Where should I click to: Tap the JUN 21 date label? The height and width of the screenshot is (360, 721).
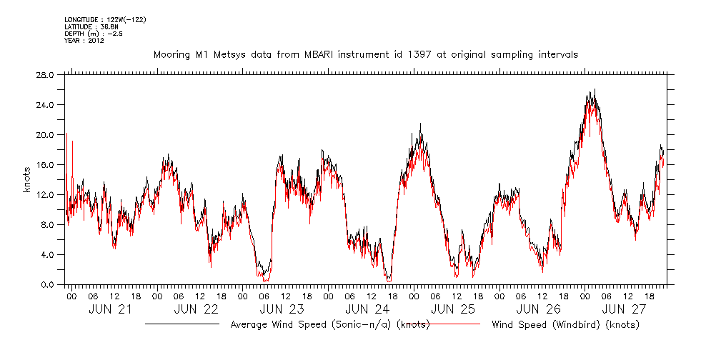point(109,309)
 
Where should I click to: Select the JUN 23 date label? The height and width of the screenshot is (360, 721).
point(281,309)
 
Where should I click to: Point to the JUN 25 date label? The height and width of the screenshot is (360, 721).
point(452,309)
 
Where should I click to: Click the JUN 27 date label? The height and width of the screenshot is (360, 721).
point(624,309)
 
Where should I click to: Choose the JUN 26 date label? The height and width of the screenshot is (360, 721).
point(538,309)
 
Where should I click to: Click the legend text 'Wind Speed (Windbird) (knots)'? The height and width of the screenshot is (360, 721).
point(565,324)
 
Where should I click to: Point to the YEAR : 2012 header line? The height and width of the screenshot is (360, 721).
point(84,41)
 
